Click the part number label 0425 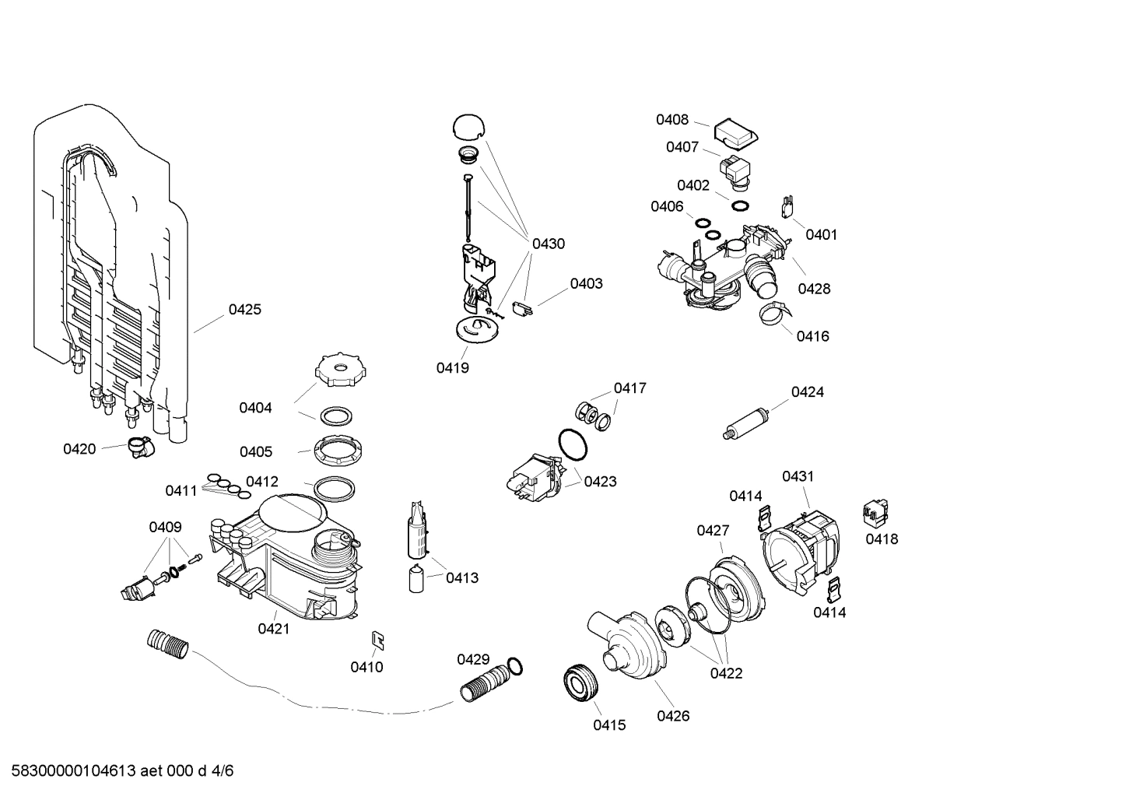tap(244, 310)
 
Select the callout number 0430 tap(548, 244)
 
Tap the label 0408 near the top tap(671, 120)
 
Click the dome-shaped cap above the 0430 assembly tap(468, 126)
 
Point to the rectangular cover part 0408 tap(735, 132)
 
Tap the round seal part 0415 tap(580, 682)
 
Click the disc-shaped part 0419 tap(476, 330)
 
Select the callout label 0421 tap(274, 628)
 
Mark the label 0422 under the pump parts tap(726, 673)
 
